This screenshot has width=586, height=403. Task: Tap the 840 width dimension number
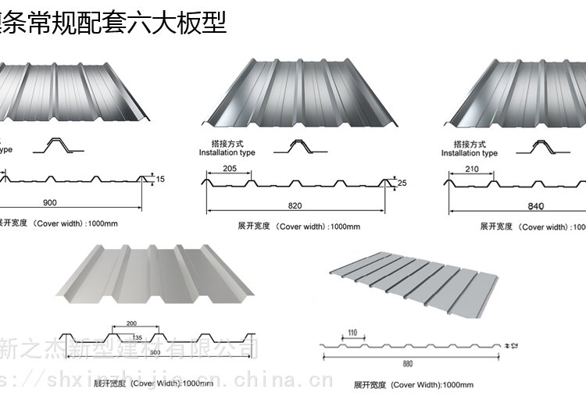pyautogui.click(x=534, y=207)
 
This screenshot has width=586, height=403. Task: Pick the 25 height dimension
pyautogui.click(x=403, y=184)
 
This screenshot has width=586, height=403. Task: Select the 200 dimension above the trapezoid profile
pyautogui.click(x=131, y=323)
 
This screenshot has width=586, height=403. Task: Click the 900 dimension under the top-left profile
pyautogui.click(x=50, y=203)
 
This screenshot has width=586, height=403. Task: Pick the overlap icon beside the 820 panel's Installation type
pyautogui.click(x=299, y=146)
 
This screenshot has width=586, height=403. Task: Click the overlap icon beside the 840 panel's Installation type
pyautogui.click(x=541, y=146)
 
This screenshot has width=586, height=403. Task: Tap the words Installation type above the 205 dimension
pyautogui.click(x=227, y=153)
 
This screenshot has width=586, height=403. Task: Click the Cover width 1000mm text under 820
pyautogui.click(x=299, y=226)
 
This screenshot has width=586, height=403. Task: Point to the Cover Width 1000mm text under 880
pyautogui.click(x=414, y=385)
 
